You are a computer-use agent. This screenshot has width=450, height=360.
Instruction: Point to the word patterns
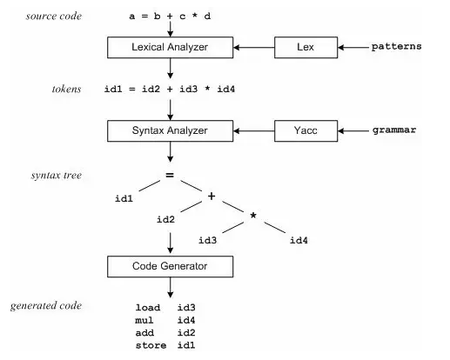[396, 47]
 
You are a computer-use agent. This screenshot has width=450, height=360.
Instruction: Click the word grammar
[394, 130]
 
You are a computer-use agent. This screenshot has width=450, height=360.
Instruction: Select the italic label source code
[54, 16]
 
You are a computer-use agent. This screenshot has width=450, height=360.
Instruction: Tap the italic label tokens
[66, 89]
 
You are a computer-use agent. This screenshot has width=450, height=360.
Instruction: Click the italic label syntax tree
[57, 176]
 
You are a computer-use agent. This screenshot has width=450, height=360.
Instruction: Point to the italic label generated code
[46, 306]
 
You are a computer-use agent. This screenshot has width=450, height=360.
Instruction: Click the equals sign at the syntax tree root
[170, 175]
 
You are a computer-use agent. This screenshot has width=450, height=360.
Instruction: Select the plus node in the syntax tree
[212, 197]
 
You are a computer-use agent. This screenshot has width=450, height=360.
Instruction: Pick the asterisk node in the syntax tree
[253, 216]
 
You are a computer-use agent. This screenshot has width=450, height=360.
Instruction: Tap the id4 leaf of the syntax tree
[299, 240]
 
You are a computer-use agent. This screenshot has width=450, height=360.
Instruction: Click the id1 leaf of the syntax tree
[124, 198]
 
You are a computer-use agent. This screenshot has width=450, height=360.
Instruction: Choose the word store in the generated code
[151, 345]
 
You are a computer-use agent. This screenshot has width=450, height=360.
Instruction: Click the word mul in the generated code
[144, 320]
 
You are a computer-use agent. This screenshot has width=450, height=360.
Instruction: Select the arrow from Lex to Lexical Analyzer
[254, 47]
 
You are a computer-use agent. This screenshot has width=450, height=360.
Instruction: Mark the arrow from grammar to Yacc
[353, 130]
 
